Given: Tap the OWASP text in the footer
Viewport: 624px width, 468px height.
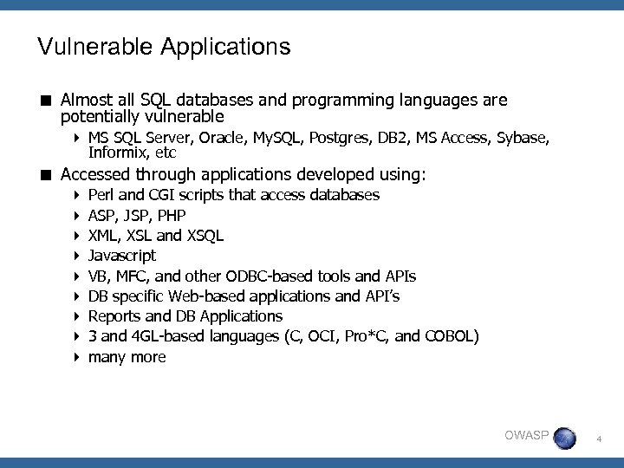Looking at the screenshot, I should (525, 435).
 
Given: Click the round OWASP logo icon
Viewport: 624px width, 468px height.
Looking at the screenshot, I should (564, 438).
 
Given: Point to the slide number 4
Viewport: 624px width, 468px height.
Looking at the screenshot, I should (599, 441).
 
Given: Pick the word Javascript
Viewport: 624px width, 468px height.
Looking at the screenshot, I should (122, 256).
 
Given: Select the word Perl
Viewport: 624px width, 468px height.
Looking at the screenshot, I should (103, 195).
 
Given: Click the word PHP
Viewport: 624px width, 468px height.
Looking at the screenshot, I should (172, 215).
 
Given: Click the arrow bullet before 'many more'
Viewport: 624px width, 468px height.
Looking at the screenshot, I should (77, 356).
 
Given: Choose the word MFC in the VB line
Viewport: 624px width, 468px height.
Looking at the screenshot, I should (128, 276).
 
